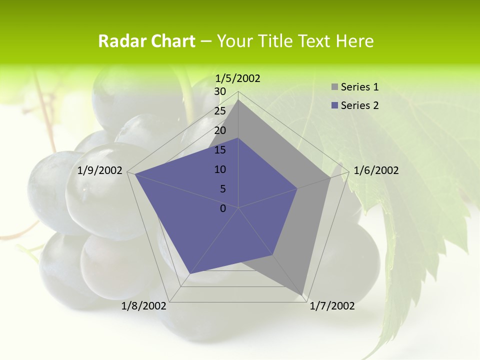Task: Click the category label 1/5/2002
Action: click(238, 78)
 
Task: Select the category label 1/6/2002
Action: click(376, 170)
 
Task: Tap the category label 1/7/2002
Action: click(332, 306)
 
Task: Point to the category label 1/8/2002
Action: click(144, 306)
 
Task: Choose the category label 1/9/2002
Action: click(100, 170)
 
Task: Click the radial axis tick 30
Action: click(220, 91)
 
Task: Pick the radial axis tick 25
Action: click(220, 111)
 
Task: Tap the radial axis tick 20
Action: click(220, 130)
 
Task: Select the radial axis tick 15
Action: click(220, 150)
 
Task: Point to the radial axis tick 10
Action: click(220, 169)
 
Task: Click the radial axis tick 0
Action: click(223, 208)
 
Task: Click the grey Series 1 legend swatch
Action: click(334, 87)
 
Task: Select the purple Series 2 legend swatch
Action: click(334, 105)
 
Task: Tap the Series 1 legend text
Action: click(359, 87)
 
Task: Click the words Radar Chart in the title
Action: click(146, 41)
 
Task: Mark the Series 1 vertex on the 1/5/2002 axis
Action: click(238, 100)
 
